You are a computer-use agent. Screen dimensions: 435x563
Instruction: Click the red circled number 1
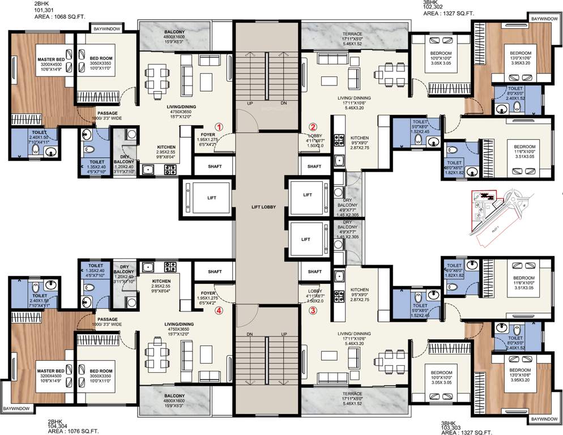[x=219, y=126]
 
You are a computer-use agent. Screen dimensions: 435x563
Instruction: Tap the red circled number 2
[x=312, y=127]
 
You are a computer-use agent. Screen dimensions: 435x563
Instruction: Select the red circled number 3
[x=312, y=310]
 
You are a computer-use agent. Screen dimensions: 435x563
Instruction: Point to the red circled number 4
[x=219, y=310]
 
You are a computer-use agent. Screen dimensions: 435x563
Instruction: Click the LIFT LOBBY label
[x=263, y=207]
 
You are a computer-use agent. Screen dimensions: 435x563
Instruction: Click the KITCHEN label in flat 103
[x=359, y=289]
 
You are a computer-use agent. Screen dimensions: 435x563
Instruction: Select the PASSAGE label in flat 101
[x=107, y=113]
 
